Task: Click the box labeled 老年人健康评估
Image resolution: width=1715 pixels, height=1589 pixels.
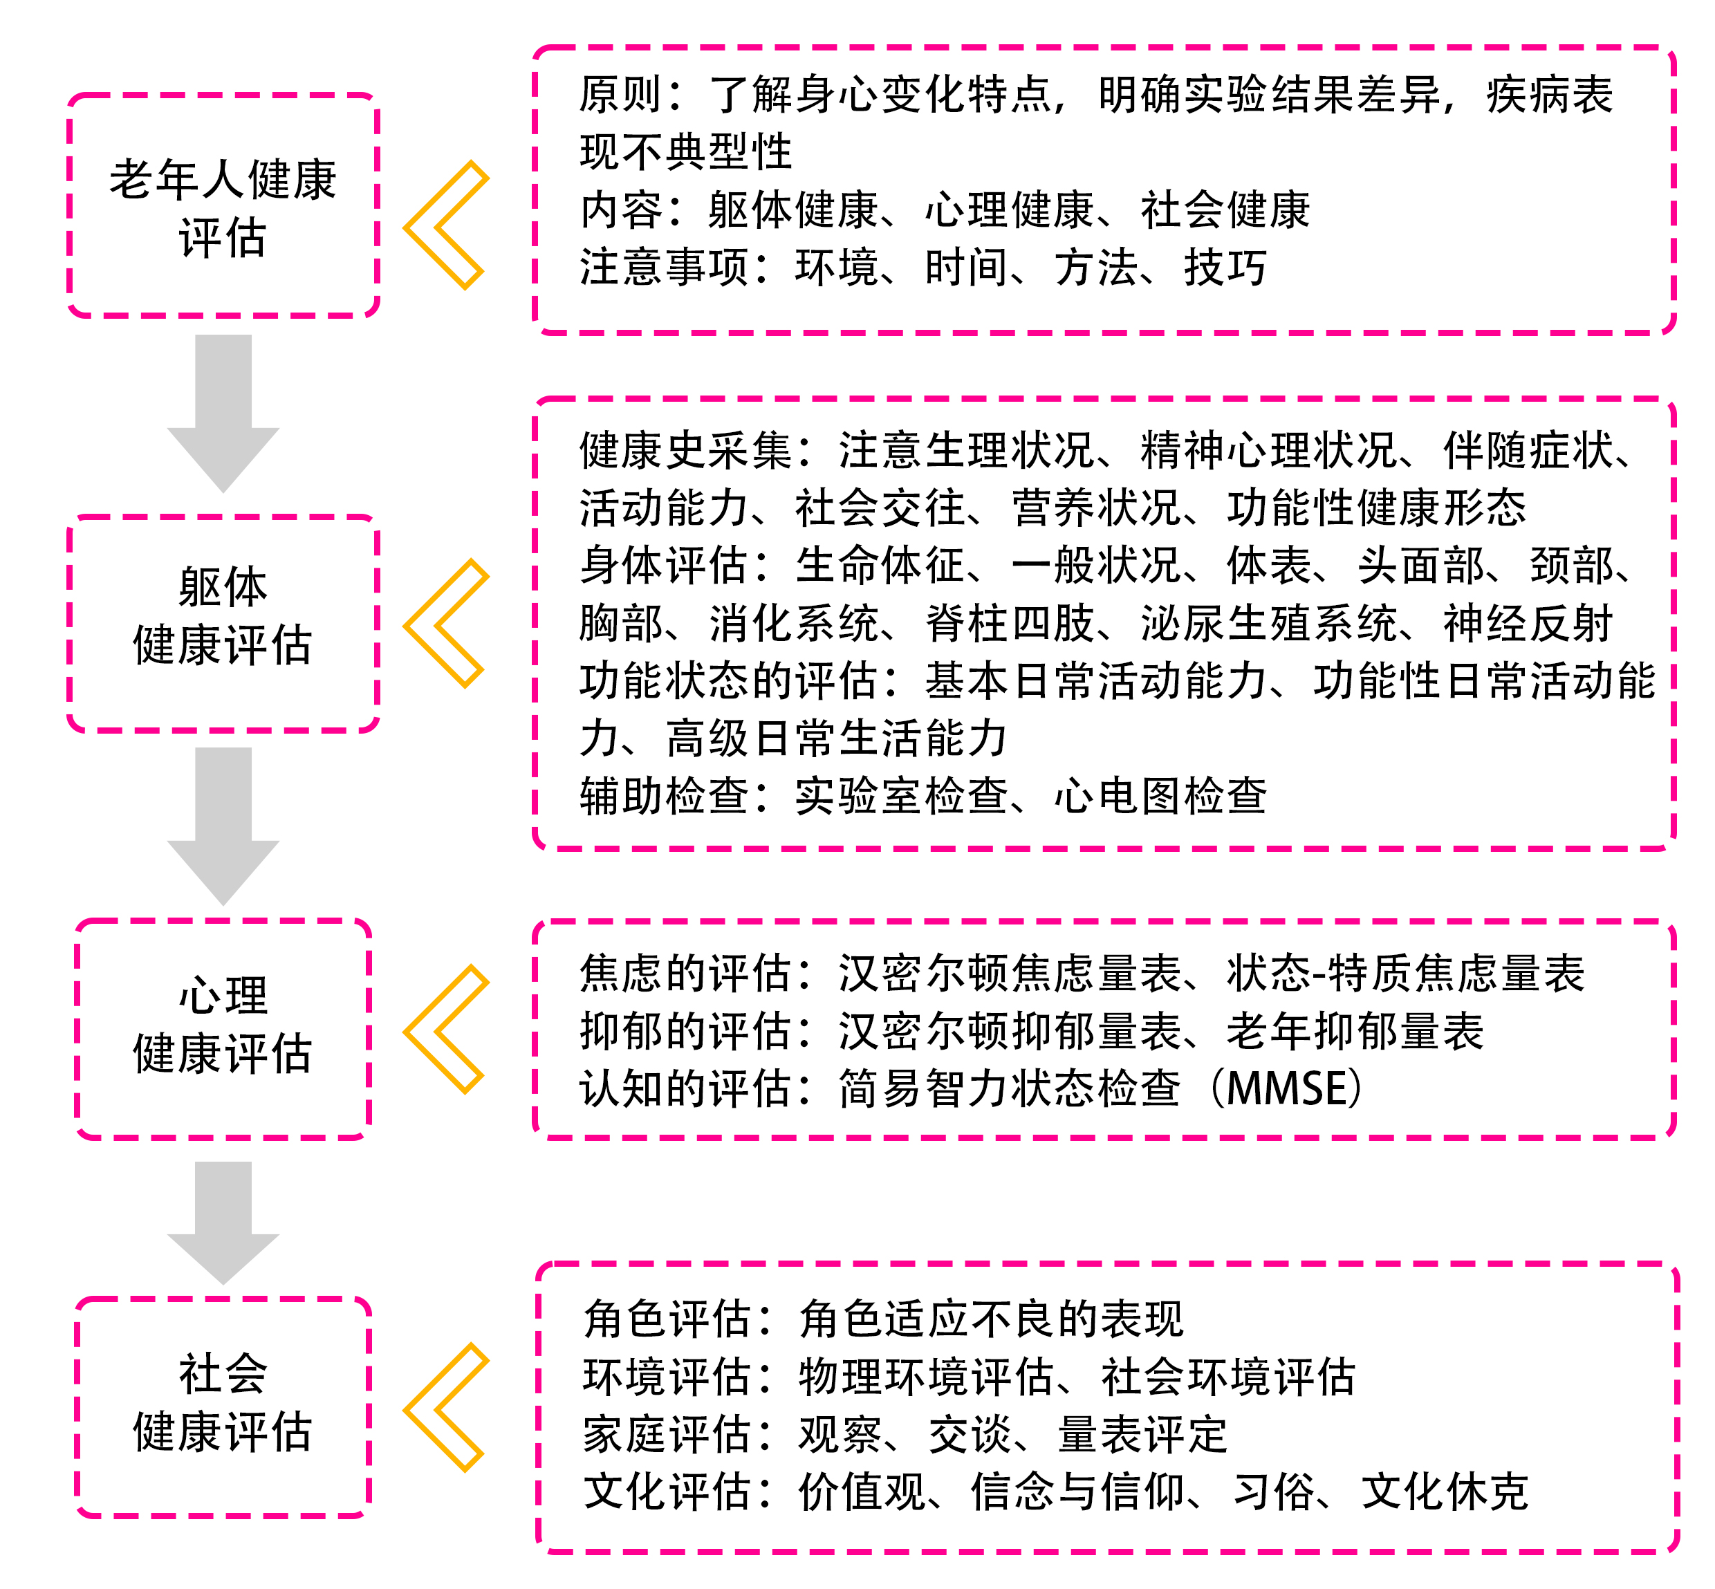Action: click(x=223, y=206)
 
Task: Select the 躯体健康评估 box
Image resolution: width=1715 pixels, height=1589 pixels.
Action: click(x=223, y=624)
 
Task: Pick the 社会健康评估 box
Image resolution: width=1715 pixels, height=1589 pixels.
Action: click(x=223, y=1408)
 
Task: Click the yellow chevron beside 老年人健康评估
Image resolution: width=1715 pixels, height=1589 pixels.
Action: click(x=445, y=225)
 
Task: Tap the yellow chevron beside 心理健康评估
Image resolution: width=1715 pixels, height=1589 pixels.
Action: click(x=445, y=1029)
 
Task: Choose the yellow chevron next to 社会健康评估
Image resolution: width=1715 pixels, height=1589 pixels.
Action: click(x=445, y=1408)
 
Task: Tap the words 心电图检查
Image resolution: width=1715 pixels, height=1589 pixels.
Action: click(x=1160, y=795)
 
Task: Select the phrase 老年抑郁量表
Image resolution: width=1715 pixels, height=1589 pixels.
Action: click(x=1355, y=1031)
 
